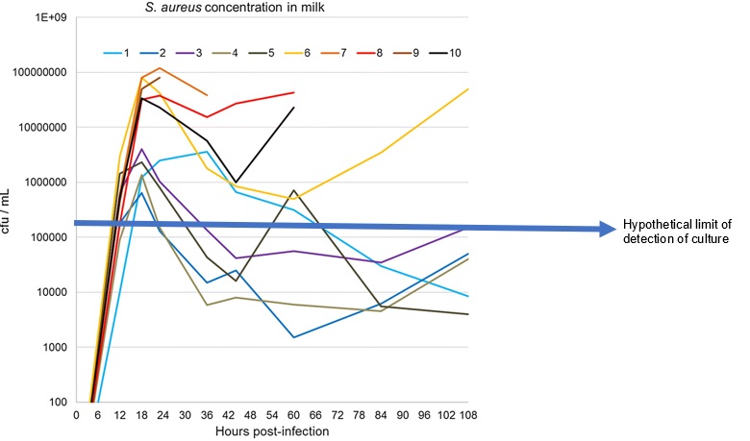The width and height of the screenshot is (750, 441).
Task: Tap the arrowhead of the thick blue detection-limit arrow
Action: [610, 229]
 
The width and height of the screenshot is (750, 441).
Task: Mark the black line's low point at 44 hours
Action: [236, 183]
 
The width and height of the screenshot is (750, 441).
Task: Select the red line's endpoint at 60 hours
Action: [294, 92]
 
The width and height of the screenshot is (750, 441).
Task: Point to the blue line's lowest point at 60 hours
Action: [294, 337]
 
